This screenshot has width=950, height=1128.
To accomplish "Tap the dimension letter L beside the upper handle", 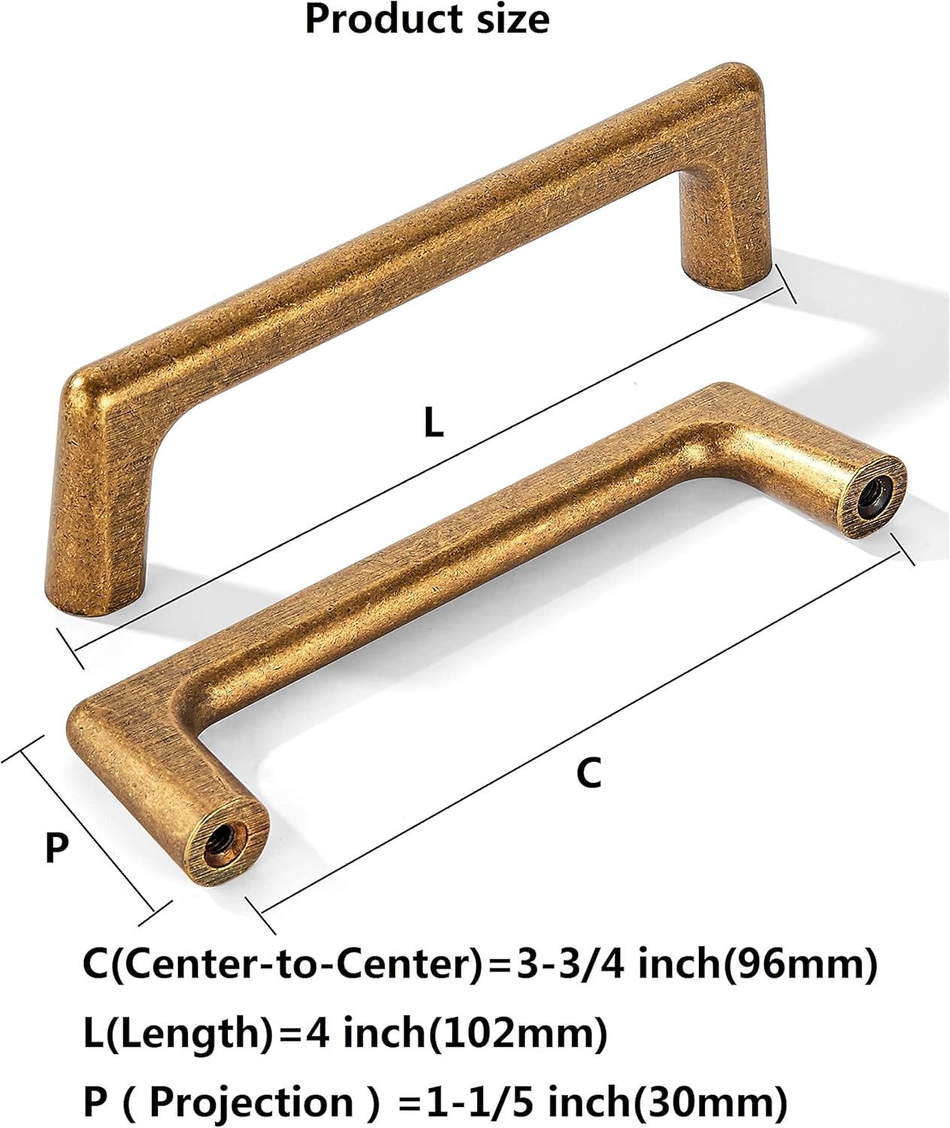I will (434, 423).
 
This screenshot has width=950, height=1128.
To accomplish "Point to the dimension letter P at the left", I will (56, 848).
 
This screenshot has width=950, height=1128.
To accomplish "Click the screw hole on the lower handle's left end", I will (221, 837).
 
